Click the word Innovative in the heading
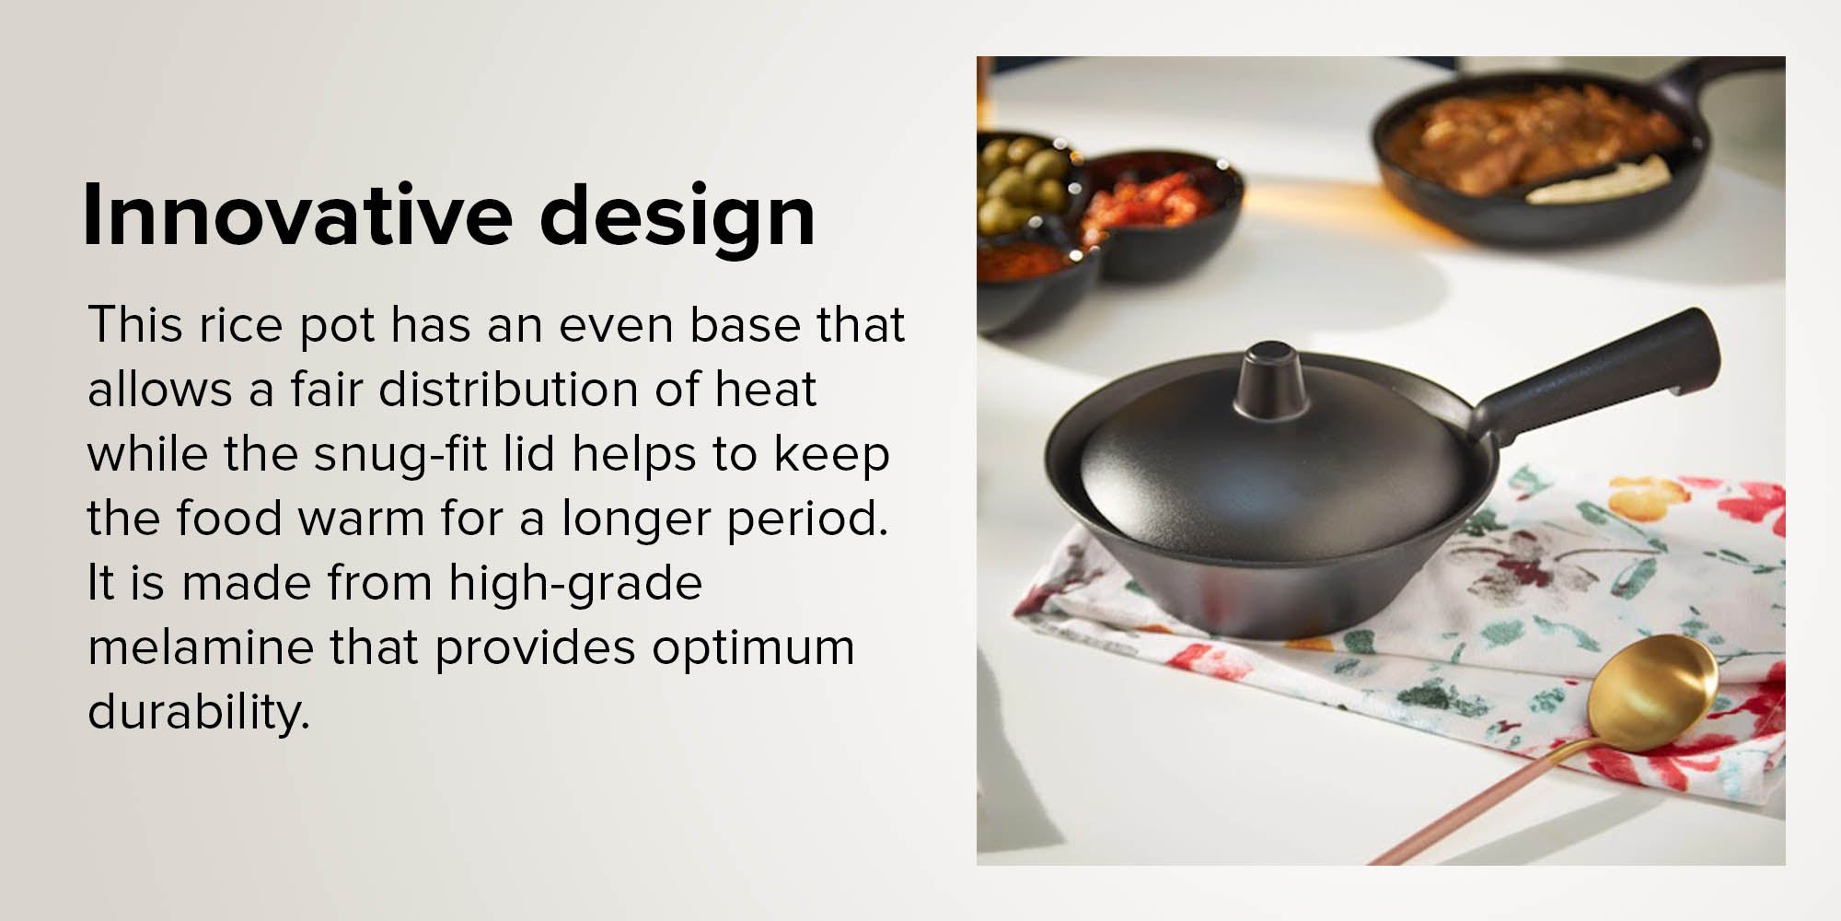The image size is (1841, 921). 297,215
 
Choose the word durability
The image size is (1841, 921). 198,713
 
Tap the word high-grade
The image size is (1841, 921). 575,584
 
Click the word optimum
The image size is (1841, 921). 753,648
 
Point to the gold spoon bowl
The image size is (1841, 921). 1651,694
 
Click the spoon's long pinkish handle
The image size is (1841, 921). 1482,801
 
